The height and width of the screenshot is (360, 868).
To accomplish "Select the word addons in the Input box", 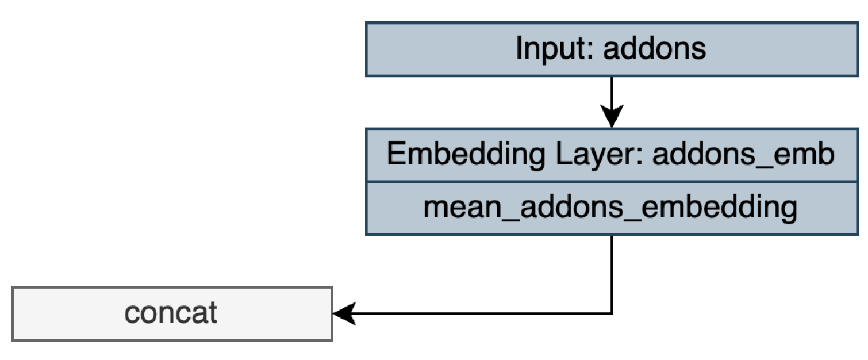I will coord(654,49).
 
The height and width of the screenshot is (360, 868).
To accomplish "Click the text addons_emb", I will coord(743,155).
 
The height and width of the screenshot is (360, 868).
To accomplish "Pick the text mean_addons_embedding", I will coord(610,208).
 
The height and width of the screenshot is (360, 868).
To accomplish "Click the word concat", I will coord(171,313).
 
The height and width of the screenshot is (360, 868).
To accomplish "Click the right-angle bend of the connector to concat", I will coord(612,313).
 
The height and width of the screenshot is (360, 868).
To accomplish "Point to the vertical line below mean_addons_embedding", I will coord(612,273).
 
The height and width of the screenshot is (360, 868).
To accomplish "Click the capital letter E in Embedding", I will coord(395,155).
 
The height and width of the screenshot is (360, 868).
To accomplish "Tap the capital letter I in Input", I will coord(519,49).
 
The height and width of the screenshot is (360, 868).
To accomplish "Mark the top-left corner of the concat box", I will coord(12,287).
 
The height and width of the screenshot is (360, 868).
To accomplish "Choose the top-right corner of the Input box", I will coord(858,23).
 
